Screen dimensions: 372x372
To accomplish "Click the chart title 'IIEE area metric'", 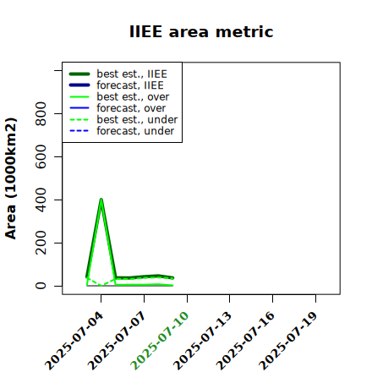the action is click(201, 31).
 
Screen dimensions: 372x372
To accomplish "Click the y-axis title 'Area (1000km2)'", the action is click(11, 178).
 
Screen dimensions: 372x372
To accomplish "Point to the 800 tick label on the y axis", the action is click(41, 113).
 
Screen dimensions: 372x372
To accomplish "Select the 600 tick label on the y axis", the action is click(41, 156).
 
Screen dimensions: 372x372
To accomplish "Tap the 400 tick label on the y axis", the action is click(41, 200).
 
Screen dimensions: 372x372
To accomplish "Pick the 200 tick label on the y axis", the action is click(41, 243).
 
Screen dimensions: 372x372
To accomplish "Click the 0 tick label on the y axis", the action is click(41, 286).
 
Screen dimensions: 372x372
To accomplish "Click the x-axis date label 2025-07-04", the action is click(74, 341).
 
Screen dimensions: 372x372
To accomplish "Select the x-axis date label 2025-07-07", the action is click(118, 341).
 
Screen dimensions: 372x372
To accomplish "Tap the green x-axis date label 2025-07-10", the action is click(160, 341).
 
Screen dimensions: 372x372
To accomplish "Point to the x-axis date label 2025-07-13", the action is click(203, 341).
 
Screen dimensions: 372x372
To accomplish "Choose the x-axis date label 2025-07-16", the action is click(246, 341).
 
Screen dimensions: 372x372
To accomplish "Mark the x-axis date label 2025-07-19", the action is click(288, 341).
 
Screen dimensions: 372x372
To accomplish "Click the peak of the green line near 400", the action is click(101, 200).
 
